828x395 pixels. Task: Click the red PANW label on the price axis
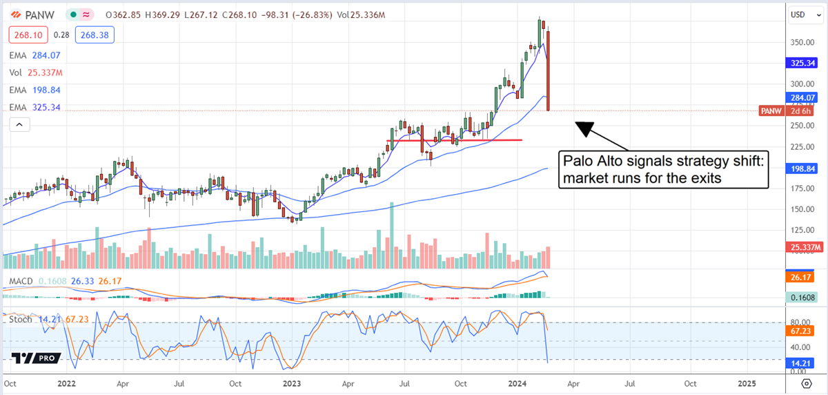(x=770, y=110)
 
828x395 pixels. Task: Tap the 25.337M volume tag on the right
(x=804, y=247)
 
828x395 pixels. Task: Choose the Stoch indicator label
(x=19, y=318)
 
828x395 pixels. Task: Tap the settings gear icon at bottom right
(x=806, y=383)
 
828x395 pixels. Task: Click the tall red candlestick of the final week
(x=548, y=69)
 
